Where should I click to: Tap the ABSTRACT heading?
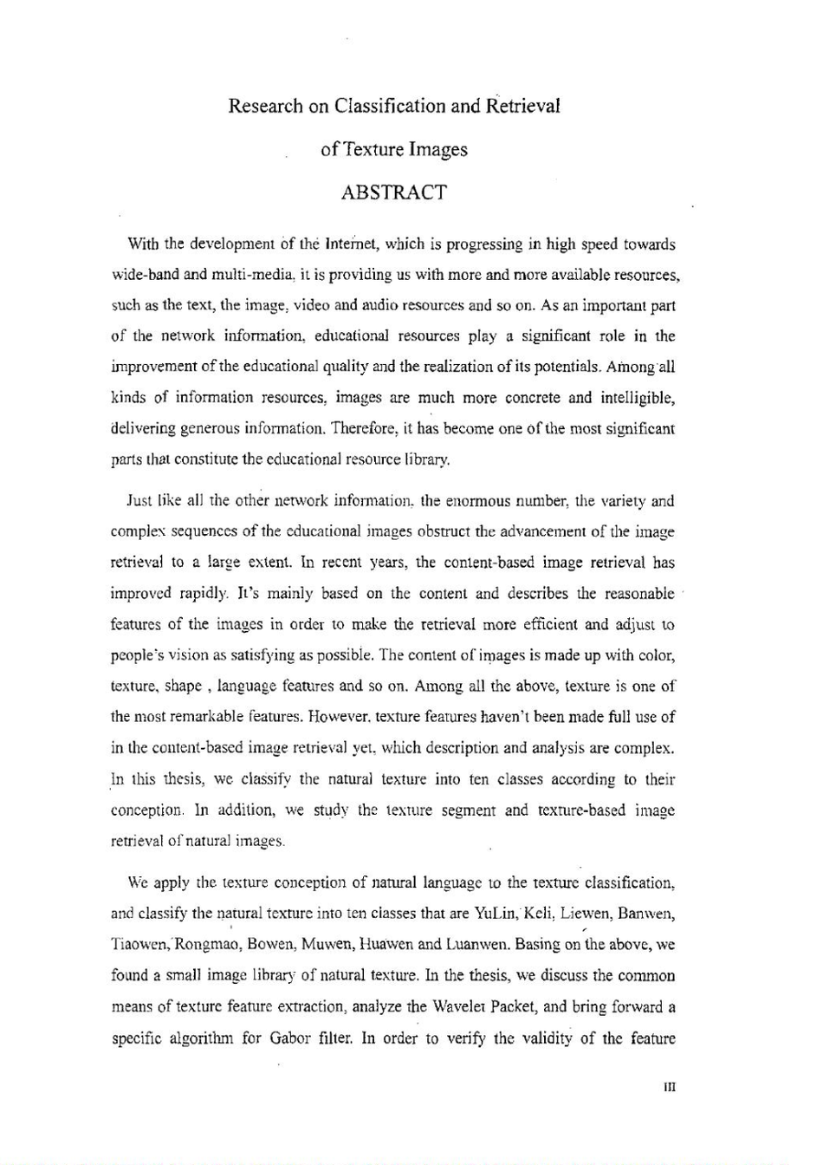(394, 192)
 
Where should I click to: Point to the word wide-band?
(146, 275)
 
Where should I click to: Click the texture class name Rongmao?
(208, 945)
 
